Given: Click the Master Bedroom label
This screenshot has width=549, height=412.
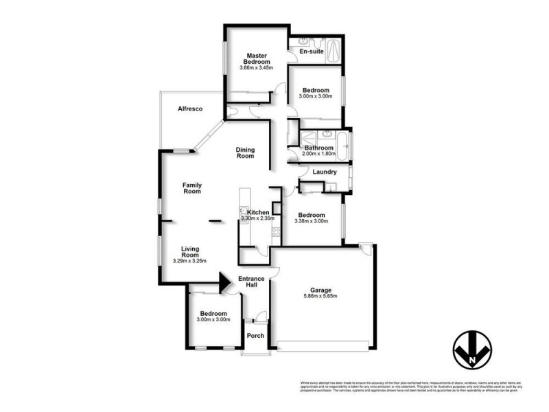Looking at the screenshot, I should click(x=256, y=58).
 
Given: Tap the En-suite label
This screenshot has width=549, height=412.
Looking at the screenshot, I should click(x=312, y=51).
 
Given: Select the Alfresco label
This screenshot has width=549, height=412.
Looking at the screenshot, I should click(x=189, y=109).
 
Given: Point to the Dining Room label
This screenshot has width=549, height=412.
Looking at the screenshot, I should click(x=245, y=152).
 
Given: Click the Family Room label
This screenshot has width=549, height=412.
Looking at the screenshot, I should click(x=191, y=187).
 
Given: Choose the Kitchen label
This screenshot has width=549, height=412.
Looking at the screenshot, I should click(x=257, y=212).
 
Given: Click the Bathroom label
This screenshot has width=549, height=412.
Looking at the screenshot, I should click(x=319, y=148).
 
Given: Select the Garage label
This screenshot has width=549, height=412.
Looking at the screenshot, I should click(x=320, y=289).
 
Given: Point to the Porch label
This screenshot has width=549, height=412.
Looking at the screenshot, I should click(x=255, y=336).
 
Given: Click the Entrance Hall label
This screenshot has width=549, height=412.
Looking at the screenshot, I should click(x=251, y=282).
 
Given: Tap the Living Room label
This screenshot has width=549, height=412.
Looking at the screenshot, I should click(x=190, y=253).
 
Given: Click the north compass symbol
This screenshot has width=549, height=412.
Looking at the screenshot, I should click(x=474, y=349).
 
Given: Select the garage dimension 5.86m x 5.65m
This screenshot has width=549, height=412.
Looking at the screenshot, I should click(x=320, y=297).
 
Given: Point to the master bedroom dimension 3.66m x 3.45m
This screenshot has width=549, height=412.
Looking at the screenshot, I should click(x=256, y=68).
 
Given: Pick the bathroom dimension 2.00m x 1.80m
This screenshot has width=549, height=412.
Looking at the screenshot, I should click(x=319, y=154).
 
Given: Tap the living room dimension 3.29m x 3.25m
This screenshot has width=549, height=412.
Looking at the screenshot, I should click(x=190, y=262).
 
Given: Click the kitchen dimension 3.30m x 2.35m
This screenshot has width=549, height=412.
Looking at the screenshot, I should click(x=257, y=218).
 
